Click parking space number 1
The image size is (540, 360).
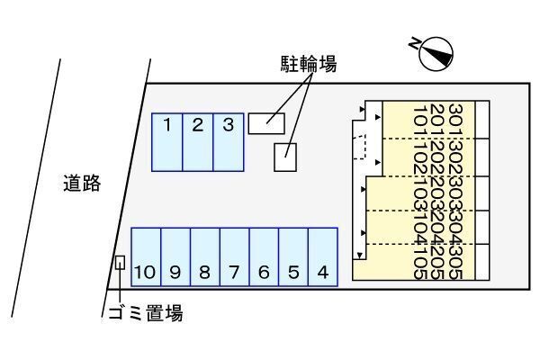click(167, 141)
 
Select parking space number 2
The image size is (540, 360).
click(198, 141)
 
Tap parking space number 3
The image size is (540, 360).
click(229, 141)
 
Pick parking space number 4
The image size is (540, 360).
click(322, 257)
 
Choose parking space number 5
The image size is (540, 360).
click(293, 257)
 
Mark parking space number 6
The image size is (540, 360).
click(264, 257)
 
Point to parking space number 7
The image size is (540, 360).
click(234, 257)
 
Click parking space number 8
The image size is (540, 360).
click(205, 257)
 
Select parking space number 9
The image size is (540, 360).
click(176, 257)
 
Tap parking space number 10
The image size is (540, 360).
click(146, 257)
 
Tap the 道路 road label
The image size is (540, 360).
click(82, 184)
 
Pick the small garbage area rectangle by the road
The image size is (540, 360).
click(120, 263)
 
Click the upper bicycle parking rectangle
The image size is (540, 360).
click(266, 121)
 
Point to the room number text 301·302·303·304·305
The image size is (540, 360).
click(455, 191)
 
